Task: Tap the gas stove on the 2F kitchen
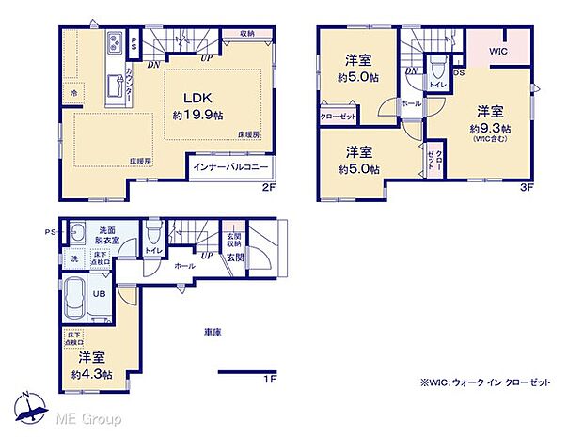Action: (x=115, y=42)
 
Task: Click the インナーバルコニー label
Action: (x=230, y=168)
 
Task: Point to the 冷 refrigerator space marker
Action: (x=73, y=93)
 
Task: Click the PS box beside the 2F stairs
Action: (x=134, y=41)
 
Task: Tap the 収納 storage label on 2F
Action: (x=246, y=34)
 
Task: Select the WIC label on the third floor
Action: (x=497, y=53)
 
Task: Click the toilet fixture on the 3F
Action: (x=436, y=73)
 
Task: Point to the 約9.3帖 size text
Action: (x=492, y=128)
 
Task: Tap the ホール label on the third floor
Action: (x=410, y=103)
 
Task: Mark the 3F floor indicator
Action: (x=527, y=187)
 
